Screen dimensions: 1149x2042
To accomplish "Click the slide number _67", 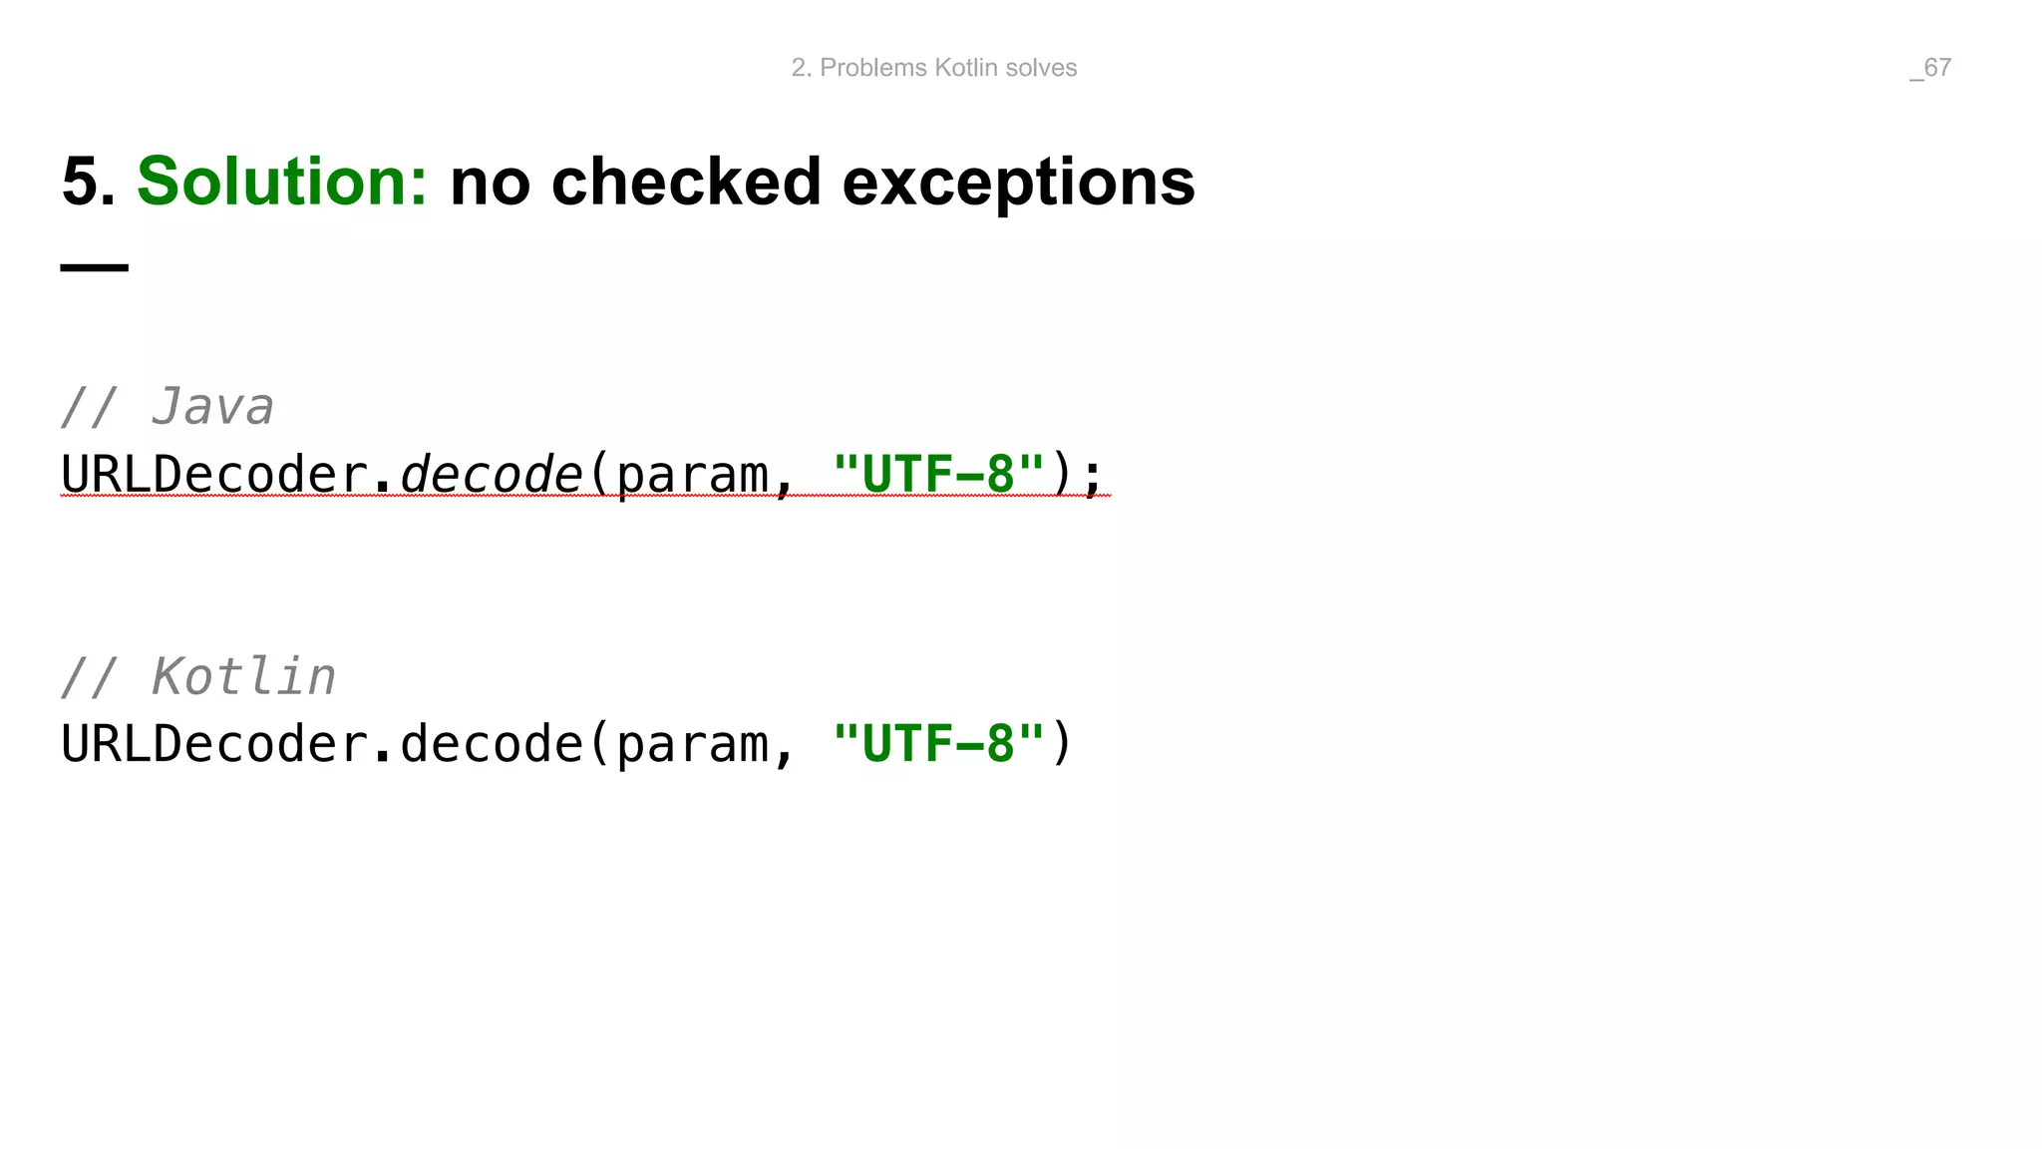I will point(1930,68).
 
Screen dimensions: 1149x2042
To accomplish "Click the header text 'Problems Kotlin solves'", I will point(947,68).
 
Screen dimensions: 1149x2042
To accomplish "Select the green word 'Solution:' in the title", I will point(282,183).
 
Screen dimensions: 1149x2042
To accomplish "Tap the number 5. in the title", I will point(88,183).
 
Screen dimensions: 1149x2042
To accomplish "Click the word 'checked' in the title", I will point(685,183).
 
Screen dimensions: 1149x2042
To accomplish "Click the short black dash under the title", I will point(95,267).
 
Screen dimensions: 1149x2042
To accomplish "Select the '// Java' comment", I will point(168,407).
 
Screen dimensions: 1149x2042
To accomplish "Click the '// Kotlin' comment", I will point(198,677).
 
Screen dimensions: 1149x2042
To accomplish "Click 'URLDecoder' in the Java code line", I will point(214,474).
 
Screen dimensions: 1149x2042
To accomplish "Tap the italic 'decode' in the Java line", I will point(491,474).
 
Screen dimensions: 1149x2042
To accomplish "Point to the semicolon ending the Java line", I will point(1093,476).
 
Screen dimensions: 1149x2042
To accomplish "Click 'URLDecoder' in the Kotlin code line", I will point(214,744).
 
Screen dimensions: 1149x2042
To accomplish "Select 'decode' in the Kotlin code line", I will point(491,744).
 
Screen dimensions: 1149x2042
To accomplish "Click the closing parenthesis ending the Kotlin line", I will point(1062,744).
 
